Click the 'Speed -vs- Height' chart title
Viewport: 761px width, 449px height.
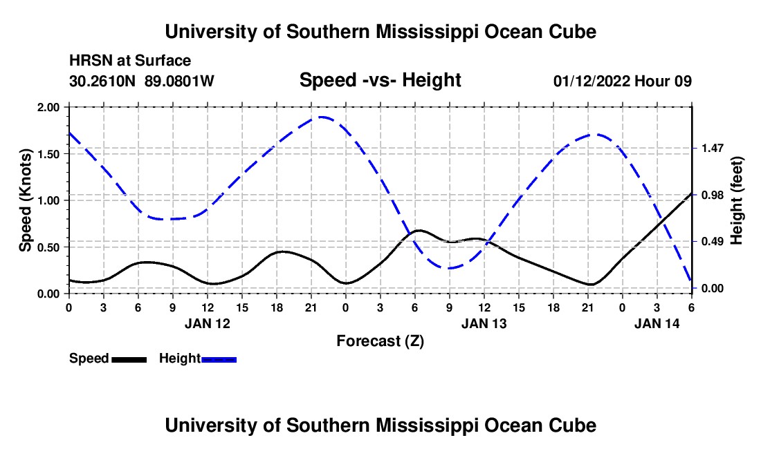[x=380, y=80]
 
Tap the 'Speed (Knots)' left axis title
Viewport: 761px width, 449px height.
[x=26, y=200]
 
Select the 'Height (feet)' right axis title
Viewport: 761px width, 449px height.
[x=735, y=200]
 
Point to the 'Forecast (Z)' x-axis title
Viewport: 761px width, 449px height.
[x=380, y=341]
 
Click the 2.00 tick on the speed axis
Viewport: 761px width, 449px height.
[x=49, y=108]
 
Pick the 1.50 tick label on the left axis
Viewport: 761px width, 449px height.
[x=49, y=154]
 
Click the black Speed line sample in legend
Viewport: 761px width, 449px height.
[x=129, y=359]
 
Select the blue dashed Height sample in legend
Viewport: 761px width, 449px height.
[x=219, y=359]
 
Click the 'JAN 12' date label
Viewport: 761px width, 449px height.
[x=208, y=323]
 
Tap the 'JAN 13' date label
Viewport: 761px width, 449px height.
[x=484, y=323]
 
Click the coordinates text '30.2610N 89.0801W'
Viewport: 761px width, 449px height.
[x=142, y=81]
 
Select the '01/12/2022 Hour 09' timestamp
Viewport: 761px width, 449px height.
[x=623, y=81]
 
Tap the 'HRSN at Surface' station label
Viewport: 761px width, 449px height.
[x=130, y=61]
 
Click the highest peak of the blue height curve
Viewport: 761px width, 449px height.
[x=322, y=117]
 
